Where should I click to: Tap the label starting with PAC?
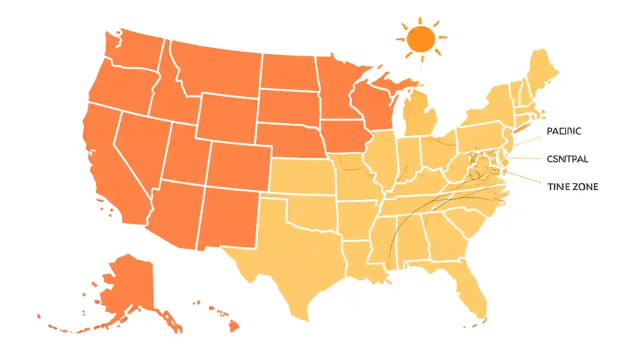[x=563, y=131]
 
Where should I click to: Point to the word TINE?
[x=558, y=186]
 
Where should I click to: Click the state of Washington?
[x=135, y=50]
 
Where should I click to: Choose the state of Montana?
[x=215, y=65]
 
